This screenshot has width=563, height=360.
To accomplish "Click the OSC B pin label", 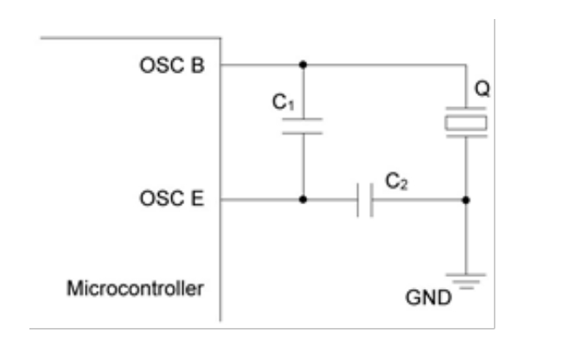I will [172, 65].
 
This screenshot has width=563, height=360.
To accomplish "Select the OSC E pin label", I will [171, 200].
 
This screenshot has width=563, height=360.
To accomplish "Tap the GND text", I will [428, 299].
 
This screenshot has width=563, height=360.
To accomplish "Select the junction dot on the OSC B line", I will [303, 64].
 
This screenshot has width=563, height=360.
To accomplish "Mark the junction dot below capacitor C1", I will [303, 200].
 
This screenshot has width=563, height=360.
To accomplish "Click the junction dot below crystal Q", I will [466, 200].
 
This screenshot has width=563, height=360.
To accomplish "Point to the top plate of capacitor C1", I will [303, 119].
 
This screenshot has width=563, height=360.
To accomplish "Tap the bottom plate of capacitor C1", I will [303, 132].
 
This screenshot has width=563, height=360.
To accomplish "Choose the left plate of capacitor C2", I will [359, 200].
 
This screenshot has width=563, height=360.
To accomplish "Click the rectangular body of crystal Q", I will [466, 124].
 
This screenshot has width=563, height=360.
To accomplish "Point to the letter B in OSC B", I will [198, 65].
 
